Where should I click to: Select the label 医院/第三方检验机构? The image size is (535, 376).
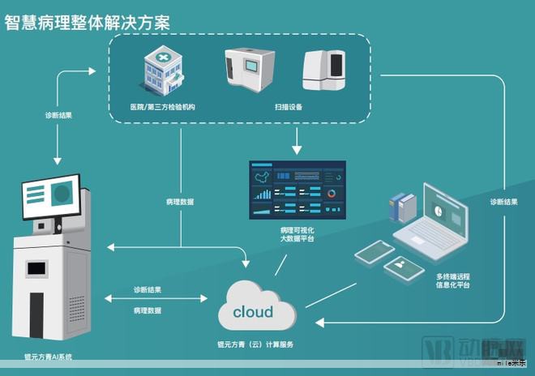point(163,107)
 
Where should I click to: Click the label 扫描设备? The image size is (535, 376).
point(289,107)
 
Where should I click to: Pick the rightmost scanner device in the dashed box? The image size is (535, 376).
point(324,70)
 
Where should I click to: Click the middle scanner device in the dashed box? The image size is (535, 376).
point(250,70)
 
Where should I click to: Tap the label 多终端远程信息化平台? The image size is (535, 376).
point(452,281)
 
